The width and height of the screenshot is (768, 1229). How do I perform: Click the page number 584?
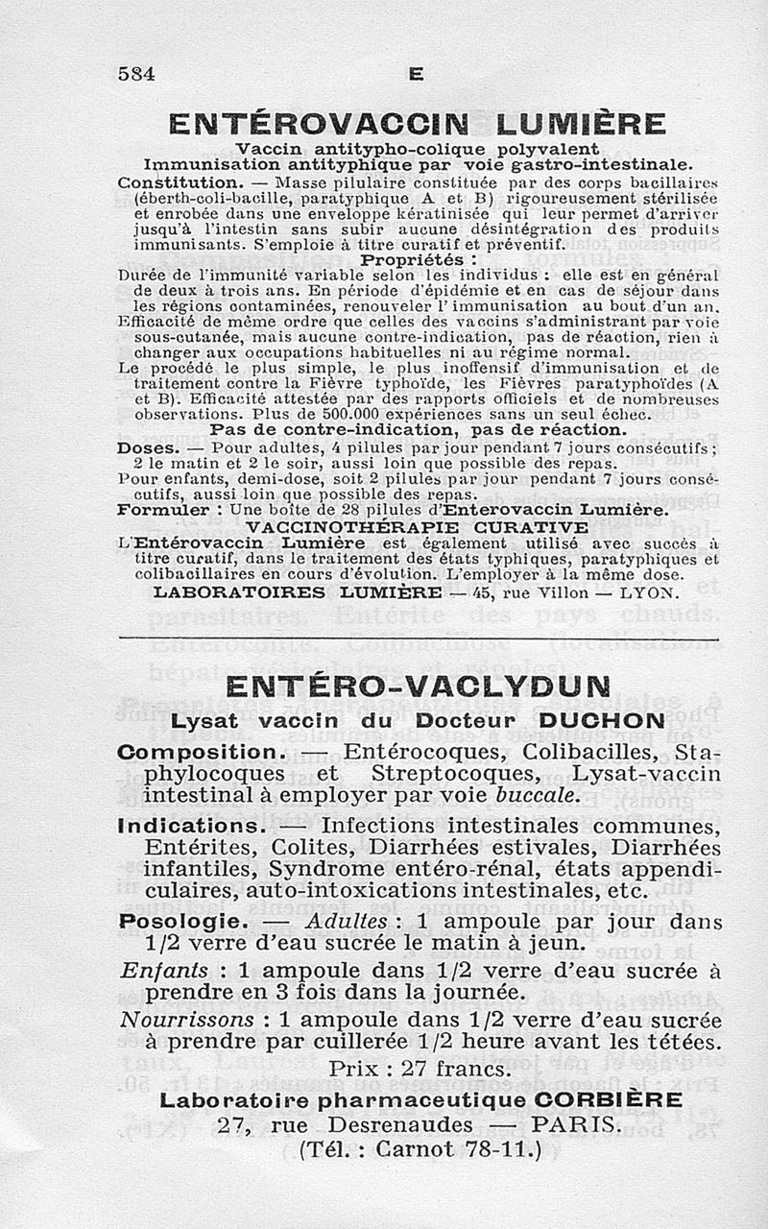coord(136,73)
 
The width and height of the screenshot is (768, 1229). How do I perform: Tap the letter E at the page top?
coord(415,74)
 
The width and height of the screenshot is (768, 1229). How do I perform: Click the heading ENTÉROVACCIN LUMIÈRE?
coord(417,124)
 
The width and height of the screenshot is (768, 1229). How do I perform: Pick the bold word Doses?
coord(145,447)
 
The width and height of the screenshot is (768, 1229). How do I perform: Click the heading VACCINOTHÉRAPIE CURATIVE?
coord(418,526)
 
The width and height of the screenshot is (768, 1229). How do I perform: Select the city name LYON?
coord(651,592)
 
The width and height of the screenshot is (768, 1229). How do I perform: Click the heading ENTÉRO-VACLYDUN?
coord(418,687)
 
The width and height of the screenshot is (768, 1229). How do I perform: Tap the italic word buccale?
coord(539,795)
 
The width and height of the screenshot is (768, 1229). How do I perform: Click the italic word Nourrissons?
coord(188,1019)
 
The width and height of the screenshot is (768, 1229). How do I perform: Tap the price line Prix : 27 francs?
coord(418,1068)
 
